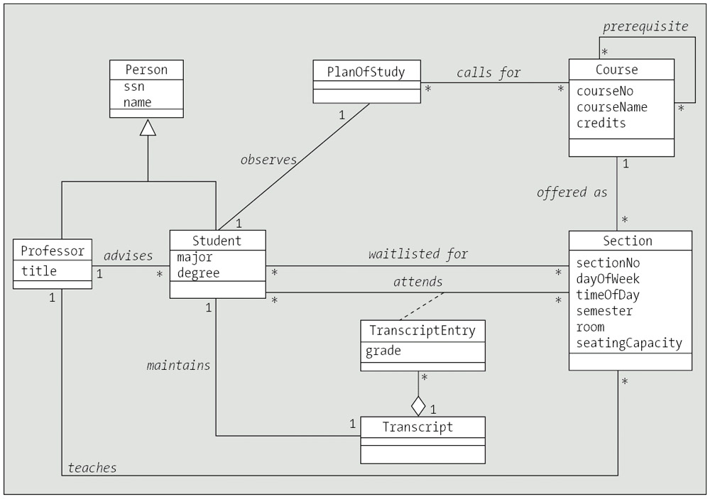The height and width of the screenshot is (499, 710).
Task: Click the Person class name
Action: coord(146,70)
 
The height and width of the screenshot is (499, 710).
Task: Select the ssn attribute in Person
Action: coord(134,86)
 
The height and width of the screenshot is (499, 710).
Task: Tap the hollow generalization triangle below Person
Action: coord(147,127)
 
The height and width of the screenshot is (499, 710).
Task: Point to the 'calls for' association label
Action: coord(488,72)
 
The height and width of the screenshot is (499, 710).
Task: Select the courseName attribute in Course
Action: coord(611,107)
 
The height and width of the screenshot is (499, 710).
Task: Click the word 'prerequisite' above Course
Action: coord(645,26)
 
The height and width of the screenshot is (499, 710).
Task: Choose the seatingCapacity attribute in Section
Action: coord(629,344)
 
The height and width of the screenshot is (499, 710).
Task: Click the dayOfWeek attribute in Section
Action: coord(608,278)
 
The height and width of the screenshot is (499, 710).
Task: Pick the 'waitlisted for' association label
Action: coord(418,253)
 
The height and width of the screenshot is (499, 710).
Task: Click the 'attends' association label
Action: coord(418,282)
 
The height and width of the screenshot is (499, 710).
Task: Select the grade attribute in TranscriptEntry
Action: coord(383,351)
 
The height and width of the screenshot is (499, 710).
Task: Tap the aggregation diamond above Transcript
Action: coord(418,407)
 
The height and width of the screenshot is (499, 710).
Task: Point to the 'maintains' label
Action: coord(179,366)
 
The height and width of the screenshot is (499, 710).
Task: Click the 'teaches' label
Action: coord(92,467)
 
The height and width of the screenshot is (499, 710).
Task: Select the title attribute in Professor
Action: coord(38,270)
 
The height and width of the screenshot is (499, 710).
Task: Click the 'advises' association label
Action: coord(129,255)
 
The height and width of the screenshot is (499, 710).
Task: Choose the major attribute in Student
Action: coord(195,257)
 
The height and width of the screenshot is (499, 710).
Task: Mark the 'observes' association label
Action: coord(268,160)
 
